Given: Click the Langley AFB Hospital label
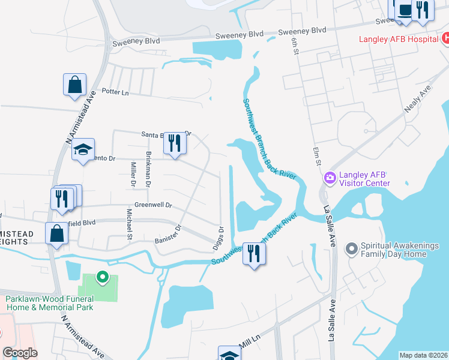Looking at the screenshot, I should (398, 40).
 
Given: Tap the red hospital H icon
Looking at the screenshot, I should (445, 38).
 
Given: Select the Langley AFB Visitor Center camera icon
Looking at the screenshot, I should (329, 178).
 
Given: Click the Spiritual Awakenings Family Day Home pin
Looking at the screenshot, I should (351, 247).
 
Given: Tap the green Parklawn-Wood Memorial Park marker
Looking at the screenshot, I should (102, 277).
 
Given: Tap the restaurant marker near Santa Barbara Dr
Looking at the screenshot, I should (175, 143).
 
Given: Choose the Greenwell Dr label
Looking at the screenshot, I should (153, 205).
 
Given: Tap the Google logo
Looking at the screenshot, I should (20, 353).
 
